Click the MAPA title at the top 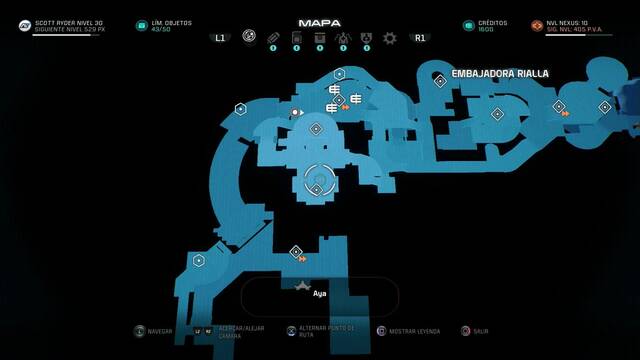click(319, 22)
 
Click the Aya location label click(320, 294)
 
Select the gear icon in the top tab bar click(389, 38)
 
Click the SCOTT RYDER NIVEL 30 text click(69, 22)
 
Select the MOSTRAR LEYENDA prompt click(413, 330)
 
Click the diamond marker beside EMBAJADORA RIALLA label click(439, 81)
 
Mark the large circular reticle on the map click(316, 180)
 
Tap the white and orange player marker click(296, 114)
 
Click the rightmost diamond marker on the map click(604, 107)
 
